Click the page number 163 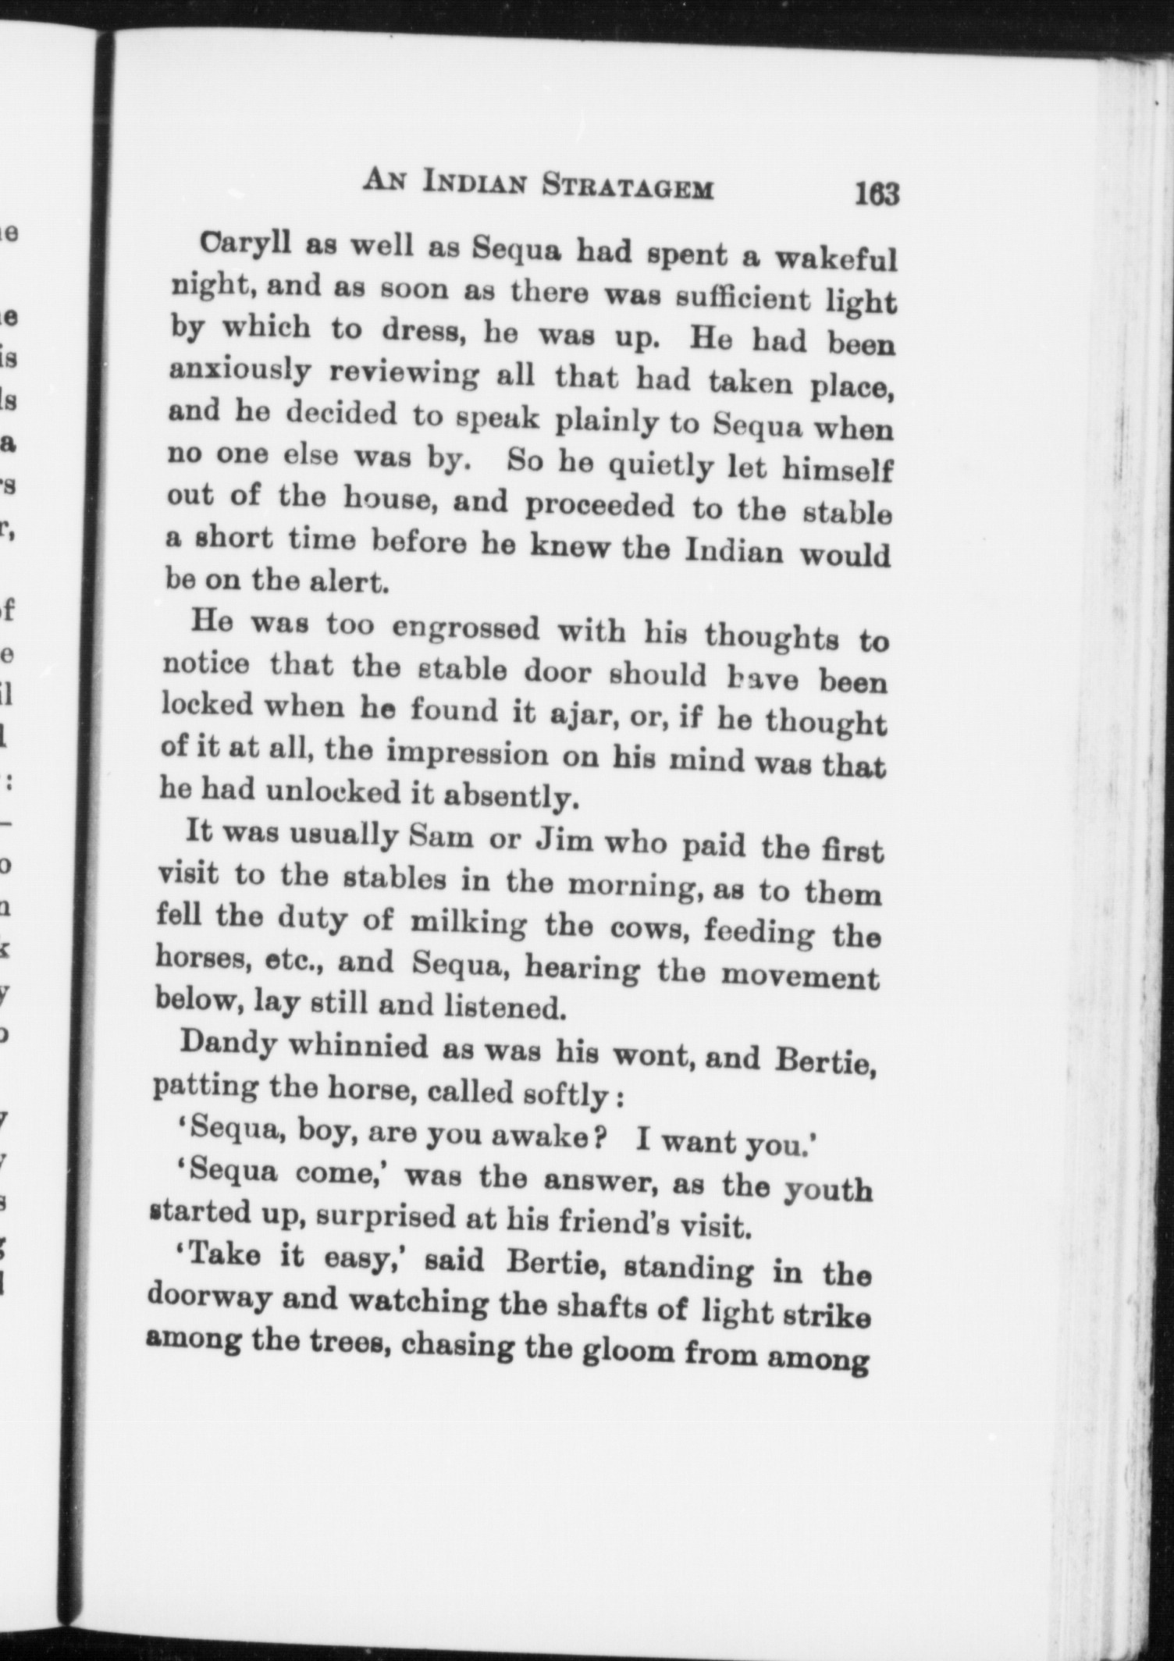[x=877, y=194]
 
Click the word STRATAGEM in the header [x=628, y=187]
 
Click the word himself [x=836, y=471]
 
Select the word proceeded [x=599, y=506]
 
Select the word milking [x=468, y=923]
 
